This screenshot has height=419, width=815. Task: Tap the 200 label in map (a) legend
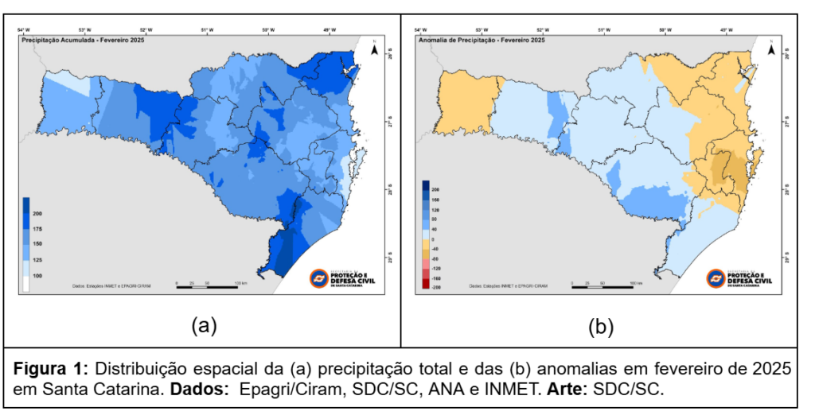(x=37, y=215)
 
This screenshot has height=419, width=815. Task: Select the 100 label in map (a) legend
(x=37, y=275)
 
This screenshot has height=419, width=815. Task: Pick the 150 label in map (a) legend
(x=37, y=244)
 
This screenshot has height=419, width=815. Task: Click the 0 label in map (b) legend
(x=433, y=239)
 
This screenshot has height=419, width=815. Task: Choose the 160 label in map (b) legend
(x=435, y=200)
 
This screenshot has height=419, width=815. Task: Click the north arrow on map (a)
(x=373, y=48)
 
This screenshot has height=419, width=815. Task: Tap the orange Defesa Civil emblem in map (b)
(x=716, y=279)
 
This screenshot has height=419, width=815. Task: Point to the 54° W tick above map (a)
(x=25, y=29)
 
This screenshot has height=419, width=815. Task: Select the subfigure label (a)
(x=203, y=325)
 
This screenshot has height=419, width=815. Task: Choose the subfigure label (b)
(x=601, y=325)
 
